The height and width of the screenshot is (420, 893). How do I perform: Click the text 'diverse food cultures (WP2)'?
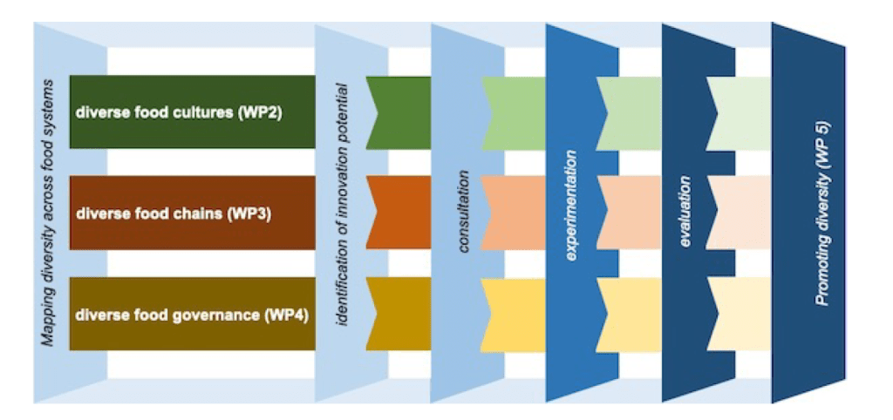tap(179, 112)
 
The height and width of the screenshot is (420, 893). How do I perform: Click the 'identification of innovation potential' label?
tap(343, 205)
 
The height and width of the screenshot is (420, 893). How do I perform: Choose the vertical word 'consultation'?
tap(464, 213)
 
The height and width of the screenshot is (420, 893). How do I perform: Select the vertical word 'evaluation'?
tap(686, 211)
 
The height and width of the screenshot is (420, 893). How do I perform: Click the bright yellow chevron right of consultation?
tap(516, 314)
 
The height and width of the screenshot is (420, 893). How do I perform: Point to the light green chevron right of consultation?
tap(516, 112)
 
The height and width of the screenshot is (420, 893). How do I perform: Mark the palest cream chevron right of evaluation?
tap(741, 314)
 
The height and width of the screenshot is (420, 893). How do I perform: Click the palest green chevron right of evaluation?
tap(741, 112)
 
